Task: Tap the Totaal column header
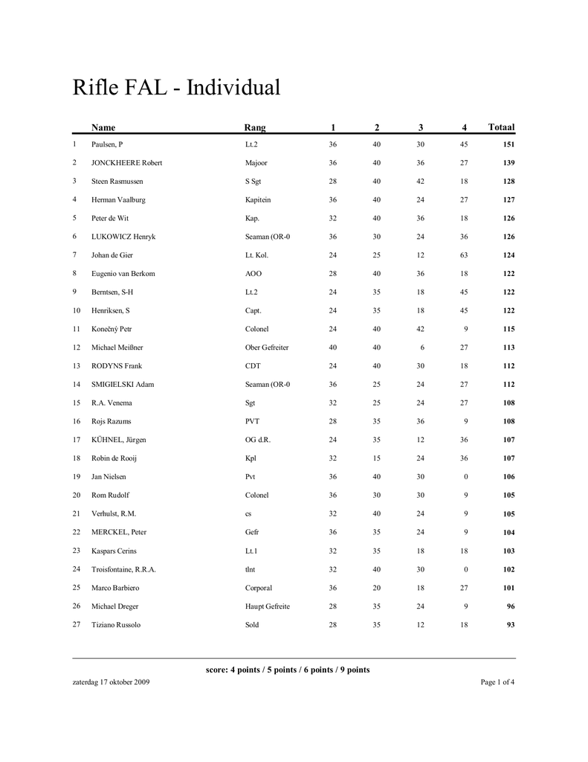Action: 501,127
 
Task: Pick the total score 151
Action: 508,144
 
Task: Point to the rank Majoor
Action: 256,163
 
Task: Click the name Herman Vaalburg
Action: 118,199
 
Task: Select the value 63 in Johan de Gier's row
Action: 464,255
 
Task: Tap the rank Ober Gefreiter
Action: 267,348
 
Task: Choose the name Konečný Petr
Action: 112,329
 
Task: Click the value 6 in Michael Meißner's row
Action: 421,348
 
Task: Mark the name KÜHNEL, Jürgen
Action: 119,440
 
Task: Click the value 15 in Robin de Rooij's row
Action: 377,458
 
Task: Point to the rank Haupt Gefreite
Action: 268,606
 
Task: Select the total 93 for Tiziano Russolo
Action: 510,625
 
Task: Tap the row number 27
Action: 76,624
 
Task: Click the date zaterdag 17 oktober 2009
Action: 111,682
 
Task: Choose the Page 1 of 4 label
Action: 497,682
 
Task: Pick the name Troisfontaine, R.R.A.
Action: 123,569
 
